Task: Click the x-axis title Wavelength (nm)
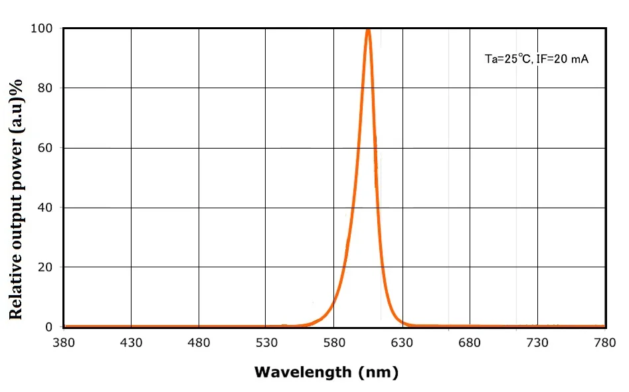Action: coord(326,372)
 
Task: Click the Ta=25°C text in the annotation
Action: coord(508,59)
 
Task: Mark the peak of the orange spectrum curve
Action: coord(368,29)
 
